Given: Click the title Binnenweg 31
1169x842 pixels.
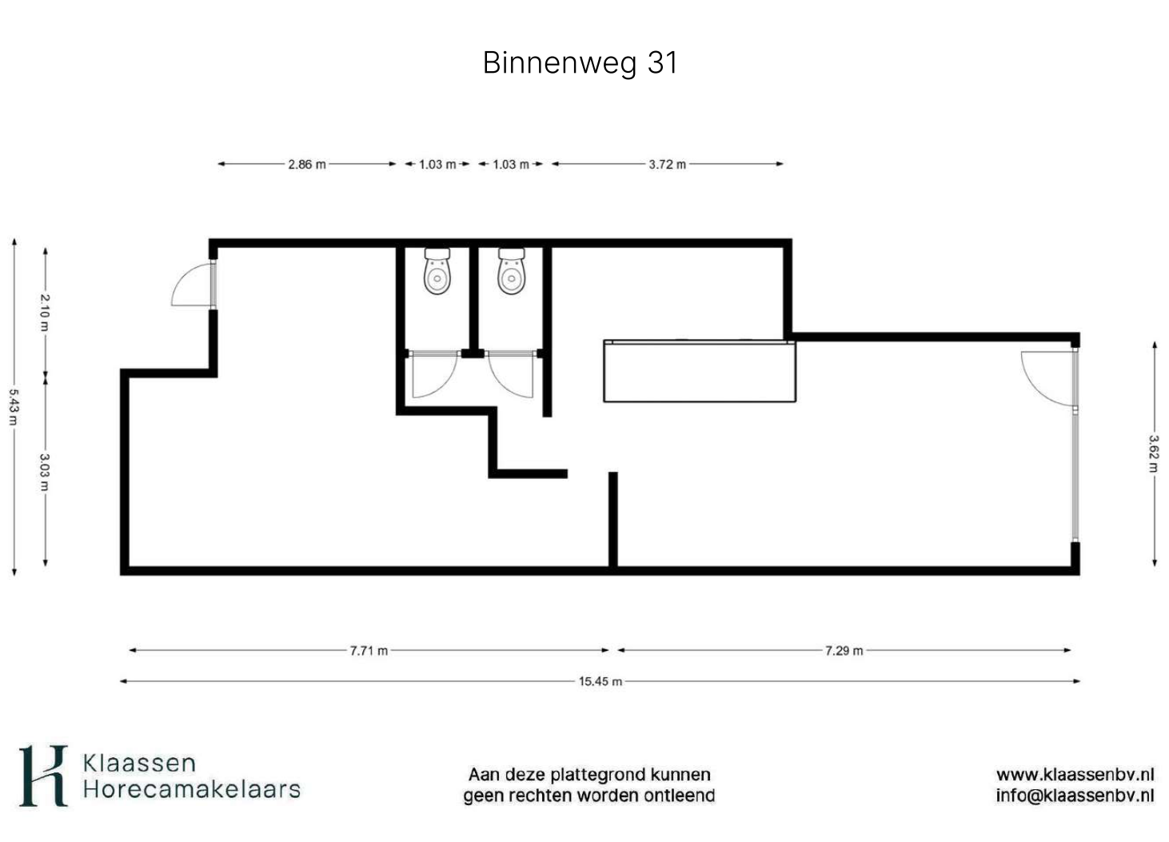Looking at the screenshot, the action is coord(580,63).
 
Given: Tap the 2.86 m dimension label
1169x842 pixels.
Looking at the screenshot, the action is coord(307,165).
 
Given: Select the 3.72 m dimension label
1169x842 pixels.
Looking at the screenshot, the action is coord(667,165).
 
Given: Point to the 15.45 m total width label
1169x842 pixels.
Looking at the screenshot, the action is coord(600,681).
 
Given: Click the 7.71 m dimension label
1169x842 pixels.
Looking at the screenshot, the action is coord(369,650).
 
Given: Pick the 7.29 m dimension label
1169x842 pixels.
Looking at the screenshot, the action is coord(844,650).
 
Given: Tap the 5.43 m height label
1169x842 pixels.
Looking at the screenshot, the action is coord(14,407).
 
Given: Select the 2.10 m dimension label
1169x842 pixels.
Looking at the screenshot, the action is coord(46,312).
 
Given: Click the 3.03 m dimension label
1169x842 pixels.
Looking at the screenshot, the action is coord(46,472).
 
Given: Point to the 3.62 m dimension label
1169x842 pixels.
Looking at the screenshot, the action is coord(1154,453).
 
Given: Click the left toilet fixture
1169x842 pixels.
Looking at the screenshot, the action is coord(437,271).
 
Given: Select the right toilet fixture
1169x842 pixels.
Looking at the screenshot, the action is coord(512,271).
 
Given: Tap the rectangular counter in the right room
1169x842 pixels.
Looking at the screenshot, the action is coord(700,371).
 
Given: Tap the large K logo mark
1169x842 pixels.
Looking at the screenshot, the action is coord(43,776).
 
